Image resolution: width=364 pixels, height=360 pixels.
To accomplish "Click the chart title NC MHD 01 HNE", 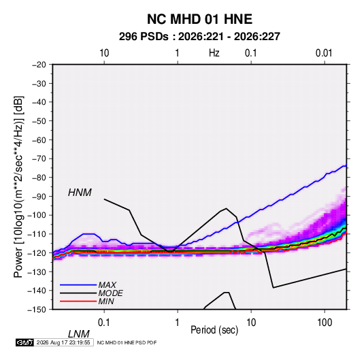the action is tap(199, 19).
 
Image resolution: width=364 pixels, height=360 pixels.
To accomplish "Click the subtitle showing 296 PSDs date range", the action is tap(199, 37).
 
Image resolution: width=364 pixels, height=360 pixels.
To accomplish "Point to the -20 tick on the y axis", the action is tap(39, 65).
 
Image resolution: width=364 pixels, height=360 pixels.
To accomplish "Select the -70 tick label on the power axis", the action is tap(39, 159).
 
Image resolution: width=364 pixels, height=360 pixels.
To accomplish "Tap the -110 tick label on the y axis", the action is tap(37, 234).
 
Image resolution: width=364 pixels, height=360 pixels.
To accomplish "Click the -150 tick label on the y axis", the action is tap(37, 310).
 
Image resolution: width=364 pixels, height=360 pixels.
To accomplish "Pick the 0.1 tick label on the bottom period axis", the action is tap(104, 323).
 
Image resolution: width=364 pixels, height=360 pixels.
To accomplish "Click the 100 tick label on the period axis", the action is tap(325, 323).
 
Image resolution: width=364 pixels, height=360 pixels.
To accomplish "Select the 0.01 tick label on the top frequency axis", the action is tap(324, 53).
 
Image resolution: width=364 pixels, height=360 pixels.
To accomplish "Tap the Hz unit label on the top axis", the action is tap(214, 53).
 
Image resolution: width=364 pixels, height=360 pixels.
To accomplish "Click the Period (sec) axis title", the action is tap(214, 330).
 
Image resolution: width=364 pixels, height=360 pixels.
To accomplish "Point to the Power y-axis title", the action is tap(18, 186).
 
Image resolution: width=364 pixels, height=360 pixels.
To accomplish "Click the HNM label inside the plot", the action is tap(80, 193).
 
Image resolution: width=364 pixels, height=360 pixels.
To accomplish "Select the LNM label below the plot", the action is tap(79, 334).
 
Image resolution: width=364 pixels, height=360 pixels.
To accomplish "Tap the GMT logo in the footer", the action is tap(24, 342).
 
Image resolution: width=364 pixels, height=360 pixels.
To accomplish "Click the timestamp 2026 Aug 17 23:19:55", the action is tap(63, 342).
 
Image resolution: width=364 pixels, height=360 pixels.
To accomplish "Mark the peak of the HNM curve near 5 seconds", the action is tap(226, 208).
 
